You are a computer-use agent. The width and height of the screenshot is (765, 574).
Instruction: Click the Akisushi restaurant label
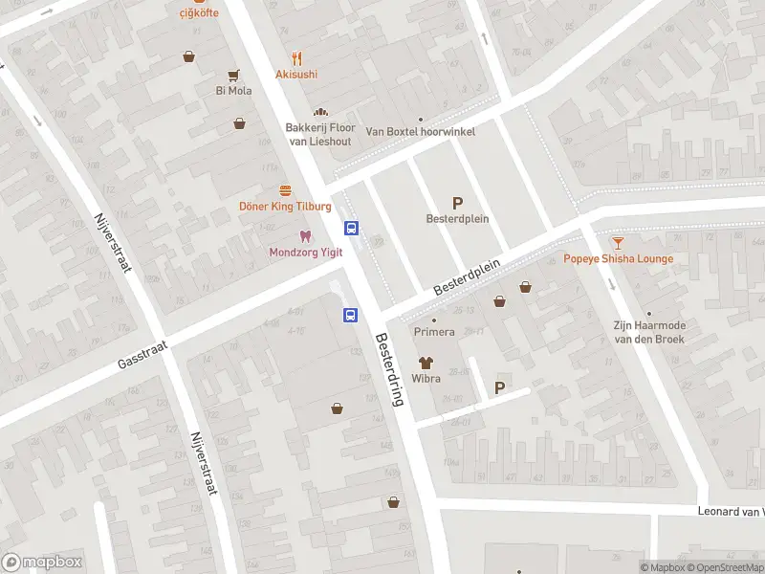pos(296,74)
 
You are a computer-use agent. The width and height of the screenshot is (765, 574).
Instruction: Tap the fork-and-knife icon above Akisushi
pos(297,57)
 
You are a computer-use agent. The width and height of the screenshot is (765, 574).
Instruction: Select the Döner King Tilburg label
pos(285,207)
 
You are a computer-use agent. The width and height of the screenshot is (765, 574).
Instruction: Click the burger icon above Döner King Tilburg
pos(285,190)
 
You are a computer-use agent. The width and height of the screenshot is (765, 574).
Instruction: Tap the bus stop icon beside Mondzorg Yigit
pos(352,228)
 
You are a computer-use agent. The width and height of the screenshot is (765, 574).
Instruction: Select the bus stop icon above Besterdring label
pos(351,314)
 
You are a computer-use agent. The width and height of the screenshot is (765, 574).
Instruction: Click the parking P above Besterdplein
pos(457,202)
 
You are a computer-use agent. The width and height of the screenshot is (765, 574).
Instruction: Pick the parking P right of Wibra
pos(498,387)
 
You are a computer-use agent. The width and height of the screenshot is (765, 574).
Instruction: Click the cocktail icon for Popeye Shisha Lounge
pos(618,243)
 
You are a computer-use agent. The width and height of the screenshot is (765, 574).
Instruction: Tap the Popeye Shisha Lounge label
pos(618,258)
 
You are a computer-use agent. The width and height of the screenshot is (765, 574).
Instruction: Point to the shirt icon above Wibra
pos(426,363)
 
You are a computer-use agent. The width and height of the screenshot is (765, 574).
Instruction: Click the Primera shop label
pos(433,332)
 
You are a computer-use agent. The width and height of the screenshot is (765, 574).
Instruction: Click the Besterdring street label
pos(390,369)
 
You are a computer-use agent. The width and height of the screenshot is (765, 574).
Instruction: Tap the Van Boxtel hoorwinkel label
pos(421,132)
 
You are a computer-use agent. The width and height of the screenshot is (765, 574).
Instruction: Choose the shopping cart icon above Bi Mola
pos(232,75)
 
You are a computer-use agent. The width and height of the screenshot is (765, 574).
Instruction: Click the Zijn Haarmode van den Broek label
pos(649,331)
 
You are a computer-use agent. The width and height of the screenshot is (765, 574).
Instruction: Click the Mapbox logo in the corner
pos(42,563)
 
